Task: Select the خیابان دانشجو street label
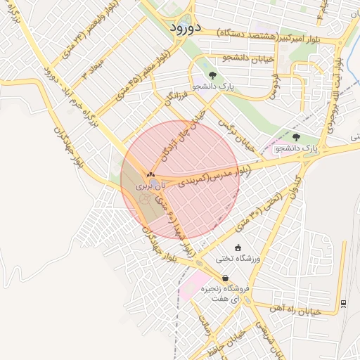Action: (224, 57)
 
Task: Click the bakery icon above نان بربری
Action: (149, 174)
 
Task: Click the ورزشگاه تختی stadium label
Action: (238, 259)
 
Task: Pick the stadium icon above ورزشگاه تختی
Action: (238, 247)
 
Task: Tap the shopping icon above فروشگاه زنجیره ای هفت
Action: (225, 278)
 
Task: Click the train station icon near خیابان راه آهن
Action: (343, 302)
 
